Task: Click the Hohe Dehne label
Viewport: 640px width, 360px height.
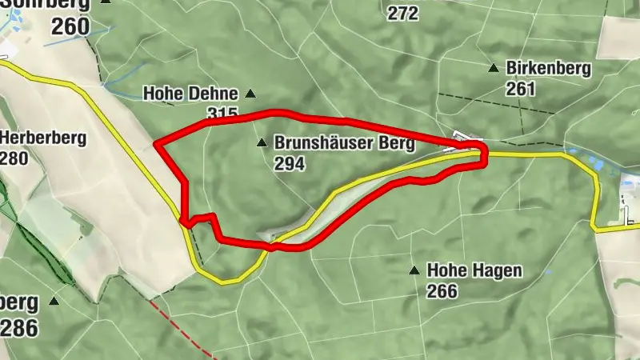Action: (190, 94)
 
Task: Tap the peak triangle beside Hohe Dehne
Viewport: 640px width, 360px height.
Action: (250, 94)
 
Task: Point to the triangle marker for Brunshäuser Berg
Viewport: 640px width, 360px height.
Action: (261, 144)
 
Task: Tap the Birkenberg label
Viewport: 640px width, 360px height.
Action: (548, 69)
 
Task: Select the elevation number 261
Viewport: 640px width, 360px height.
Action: (520, 88)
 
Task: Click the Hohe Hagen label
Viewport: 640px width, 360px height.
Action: (474, 271)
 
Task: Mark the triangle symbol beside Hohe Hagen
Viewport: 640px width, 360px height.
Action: (414, 270)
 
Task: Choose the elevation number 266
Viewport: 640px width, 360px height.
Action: (442, 290)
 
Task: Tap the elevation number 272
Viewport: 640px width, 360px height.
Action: (402, 13)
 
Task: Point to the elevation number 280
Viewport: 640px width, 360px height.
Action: (14, 158)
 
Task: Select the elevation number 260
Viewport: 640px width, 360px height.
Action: (71, 26)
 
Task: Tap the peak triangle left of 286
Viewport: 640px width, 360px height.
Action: (54, 301)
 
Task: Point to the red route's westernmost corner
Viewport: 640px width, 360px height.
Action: (155, 145)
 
